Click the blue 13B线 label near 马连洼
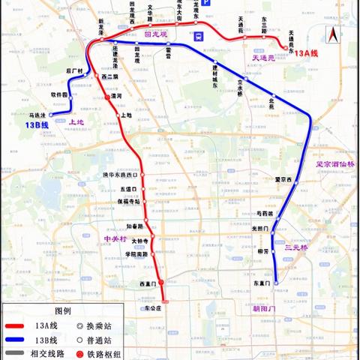pos(35,124)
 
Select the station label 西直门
pos(146,284)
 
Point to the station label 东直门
pos(260,283)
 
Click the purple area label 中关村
pos(113,238)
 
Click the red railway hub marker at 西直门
pos(160,283)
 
